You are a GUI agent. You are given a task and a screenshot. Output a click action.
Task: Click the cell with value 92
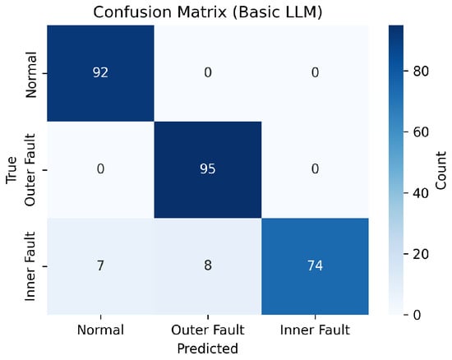point(100,73)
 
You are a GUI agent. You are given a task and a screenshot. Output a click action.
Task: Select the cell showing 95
point(208,170)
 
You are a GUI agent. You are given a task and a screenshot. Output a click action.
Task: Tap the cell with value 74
point(315,266)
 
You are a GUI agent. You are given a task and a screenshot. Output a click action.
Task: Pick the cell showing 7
point(100,266)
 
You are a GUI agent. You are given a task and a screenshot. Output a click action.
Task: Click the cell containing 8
point(208,266)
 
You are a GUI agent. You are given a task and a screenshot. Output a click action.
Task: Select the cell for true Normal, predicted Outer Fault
point(208,73)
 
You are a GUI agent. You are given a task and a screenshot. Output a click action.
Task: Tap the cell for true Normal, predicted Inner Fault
point(315,73)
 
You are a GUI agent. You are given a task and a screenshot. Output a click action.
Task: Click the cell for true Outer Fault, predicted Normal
point(100,170)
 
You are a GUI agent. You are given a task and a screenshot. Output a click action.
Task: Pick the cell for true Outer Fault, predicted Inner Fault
point(315,170)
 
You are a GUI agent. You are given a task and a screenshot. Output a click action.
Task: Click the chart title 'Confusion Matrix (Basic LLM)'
point(208,12)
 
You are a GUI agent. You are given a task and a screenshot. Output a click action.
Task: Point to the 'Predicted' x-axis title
point(208,348)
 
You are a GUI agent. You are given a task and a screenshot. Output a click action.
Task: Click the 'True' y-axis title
point(12,170)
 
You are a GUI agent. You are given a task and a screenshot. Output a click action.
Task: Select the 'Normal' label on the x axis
point(100,330)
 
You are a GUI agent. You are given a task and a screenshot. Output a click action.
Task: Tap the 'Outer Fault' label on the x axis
point(208,330)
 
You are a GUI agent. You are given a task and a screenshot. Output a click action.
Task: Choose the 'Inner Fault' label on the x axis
point(315,330)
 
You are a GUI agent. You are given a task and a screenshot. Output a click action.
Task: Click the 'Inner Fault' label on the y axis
point(30,266)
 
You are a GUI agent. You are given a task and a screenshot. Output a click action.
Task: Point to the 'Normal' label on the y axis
point(31,75)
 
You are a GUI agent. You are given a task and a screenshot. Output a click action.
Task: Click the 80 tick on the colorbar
point(421,71)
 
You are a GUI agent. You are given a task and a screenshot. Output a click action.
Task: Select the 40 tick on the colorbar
point(421,193)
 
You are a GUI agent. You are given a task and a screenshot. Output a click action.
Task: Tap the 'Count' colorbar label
point(440,171)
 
